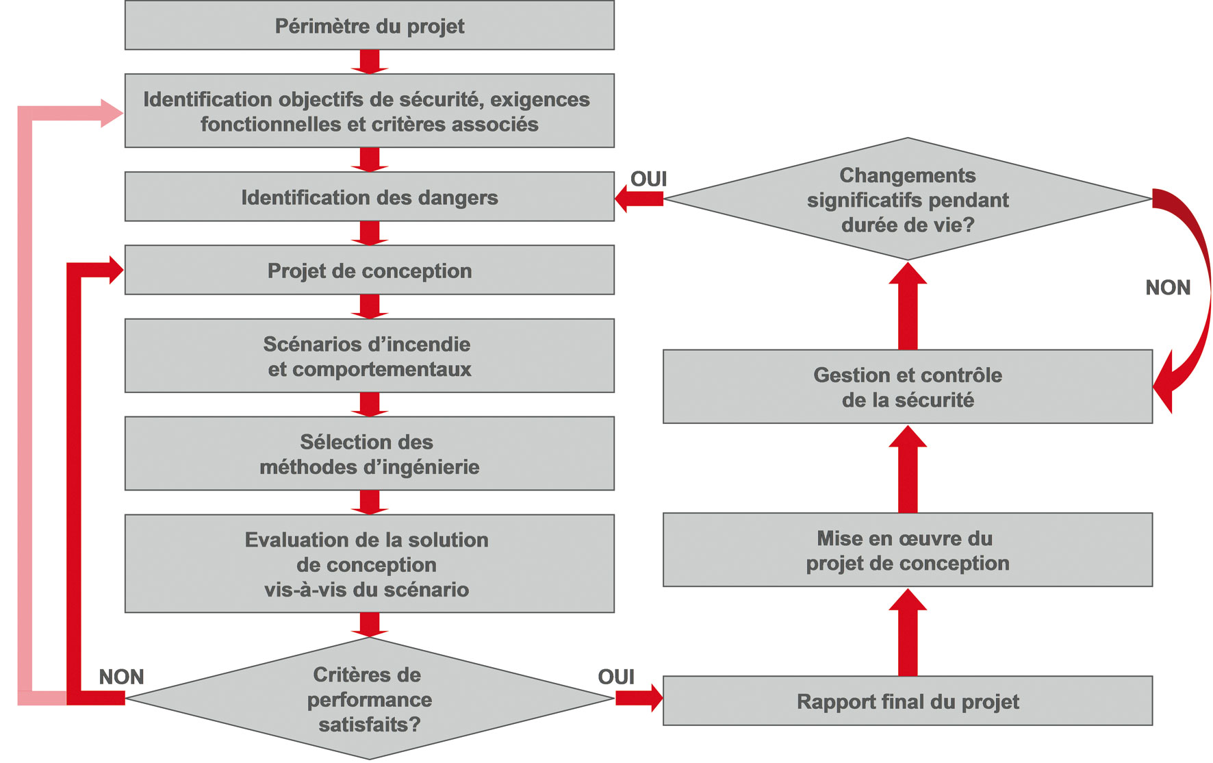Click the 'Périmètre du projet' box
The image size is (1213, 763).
click(369, 26)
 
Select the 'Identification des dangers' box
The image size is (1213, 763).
click(369, 197)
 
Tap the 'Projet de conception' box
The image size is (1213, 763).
click(369, 271)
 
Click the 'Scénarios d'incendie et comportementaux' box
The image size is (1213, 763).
click(369, 356)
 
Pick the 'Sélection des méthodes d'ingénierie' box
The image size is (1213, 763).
click(369, 454)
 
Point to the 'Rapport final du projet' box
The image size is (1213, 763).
click(907, 701)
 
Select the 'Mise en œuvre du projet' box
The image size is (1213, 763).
click(907, 550)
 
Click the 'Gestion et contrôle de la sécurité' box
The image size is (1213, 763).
click(907, 387)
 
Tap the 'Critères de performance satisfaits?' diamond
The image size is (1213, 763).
click(369, 699)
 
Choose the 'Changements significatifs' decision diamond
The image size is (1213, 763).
click(907, 199)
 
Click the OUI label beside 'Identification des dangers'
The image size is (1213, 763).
click(648, 179)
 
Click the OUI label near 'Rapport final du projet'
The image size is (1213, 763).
click(616, 677)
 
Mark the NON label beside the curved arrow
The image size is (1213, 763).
click(1168, 288)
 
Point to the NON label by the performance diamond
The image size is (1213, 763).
click(121, 677)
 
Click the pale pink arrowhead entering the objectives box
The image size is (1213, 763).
click(111, 113)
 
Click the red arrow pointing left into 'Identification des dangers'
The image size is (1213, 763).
click(638, 199)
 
